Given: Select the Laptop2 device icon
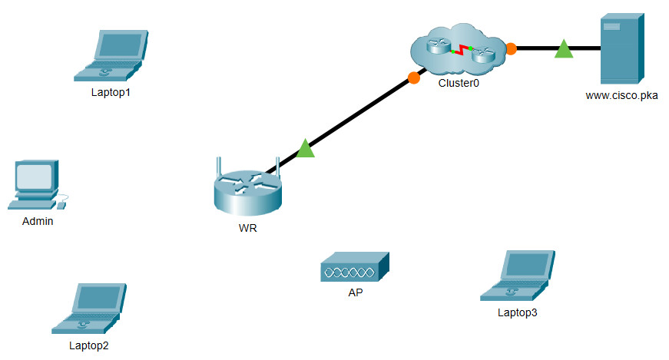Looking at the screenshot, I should pos(89,309).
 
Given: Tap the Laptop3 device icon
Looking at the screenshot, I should pos(517,276).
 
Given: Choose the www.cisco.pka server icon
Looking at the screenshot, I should pos(621,48).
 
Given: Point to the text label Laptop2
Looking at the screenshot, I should pos(89,345).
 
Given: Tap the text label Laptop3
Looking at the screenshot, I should pos(518,312).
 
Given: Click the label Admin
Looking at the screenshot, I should pos(38,221).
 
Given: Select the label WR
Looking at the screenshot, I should pos(247,228).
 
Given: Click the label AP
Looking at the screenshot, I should pos(355,292).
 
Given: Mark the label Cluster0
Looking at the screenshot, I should pos(459,82).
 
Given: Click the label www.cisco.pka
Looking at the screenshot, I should pos(621,96).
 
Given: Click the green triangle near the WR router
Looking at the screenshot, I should pos(306,148).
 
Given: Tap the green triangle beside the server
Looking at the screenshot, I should pos(564,49).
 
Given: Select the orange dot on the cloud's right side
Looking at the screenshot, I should pos(511,48).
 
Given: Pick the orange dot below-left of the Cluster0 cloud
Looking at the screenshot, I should pos(414,77).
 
